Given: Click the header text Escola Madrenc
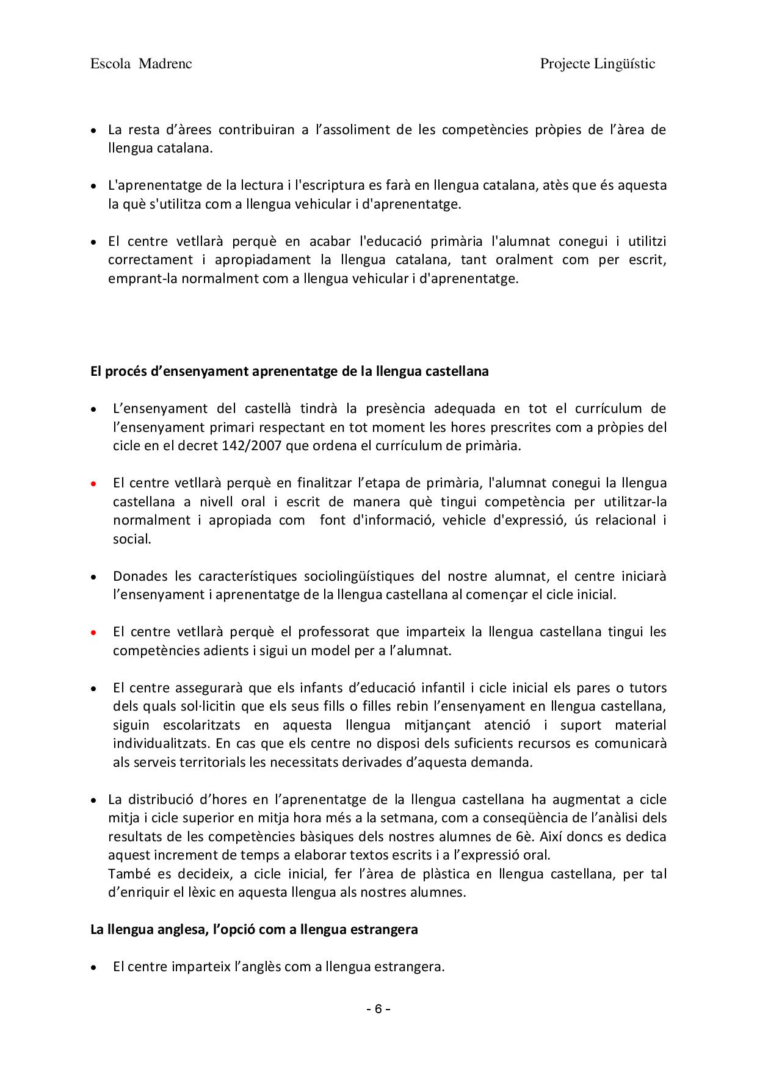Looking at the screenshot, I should tap(141, 64).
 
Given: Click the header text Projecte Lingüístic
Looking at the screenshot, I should tap(597, 64).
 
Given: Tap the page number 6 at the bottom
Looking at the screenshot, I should tap(378, 1008).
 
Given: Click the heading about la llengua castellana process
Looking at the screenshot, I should tap(289, 371).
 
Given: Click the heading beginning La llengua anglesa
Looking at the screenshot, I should tap(254, 930).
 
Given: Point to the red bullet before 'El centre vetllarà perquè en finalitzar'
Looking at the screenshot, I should tap(93, 484).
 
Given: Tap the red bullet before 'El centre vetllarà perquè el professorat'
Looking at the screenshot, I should tap(93, 632).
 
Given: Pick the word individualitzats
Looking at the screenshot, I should tap(158, 744).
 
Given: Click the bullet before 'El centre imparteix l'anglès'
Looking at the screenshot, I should tap(93, 968).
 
